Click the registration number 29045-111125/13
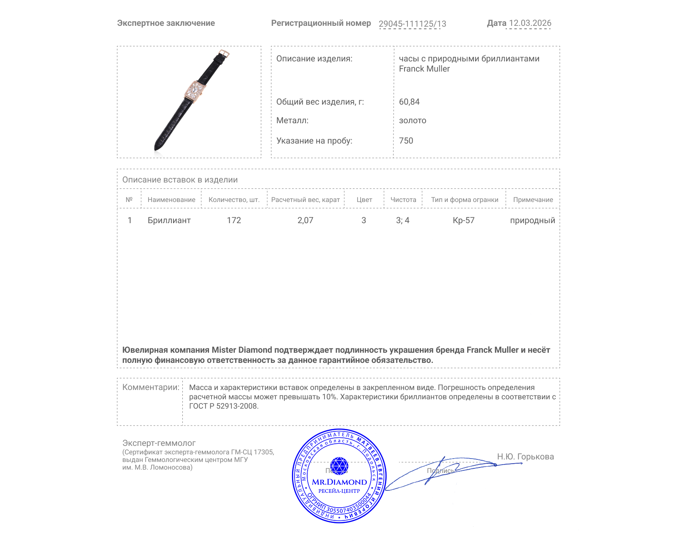coord(412,24)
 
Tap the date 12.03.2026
coord(530,23)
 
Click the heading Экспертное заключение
coord(166,23)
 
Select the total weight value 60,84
coord(409,102)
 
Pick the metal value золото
coord(413,120)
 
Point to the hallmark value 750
coord(406,141)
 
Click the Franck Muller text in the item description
coord(424,69)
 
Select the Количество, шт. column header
coord(234,200)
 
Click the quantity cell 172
coord(234,220)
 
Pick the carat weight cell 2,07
coord(305,220)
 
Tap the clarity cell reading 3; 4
coord(402,220)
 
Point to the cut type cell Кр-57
coord(464,220)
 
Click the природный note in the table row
coord(532,220)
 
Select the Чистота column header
coord(403,200)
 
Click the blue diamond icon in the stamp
coord(339,465)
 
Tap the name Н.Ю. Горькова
coord(525,456)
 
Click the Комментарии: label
coord(151,387)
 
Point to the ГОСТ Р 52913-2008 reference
coord(223,406)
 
